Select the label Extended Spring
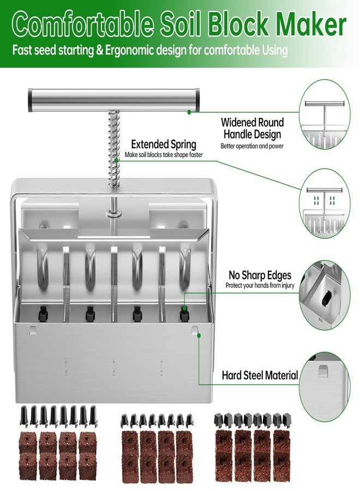click(164, 145)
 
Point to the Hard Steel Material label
click(260, 375)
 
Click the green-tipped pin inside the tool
click(184, 315)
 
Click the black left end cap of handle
click(29, 100)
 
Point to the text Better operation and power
click(252, 146)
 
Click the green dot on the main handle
click(189, 111)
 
